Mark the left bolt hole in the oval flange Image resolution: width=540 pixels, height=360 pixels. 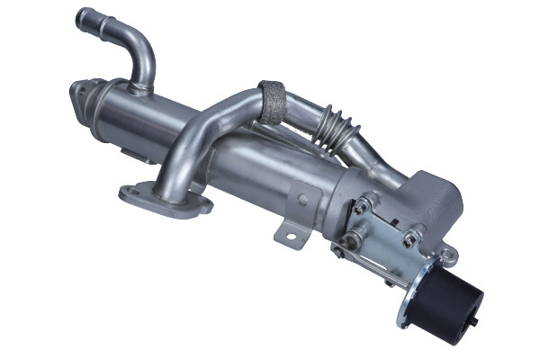click(x=132, y=191)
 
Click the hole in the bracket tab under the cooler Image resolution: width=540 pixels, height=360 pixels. click(x=291, y=236)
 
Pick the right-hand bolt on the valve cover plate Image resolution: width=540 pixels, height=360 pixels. click(x=410, y=238)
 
